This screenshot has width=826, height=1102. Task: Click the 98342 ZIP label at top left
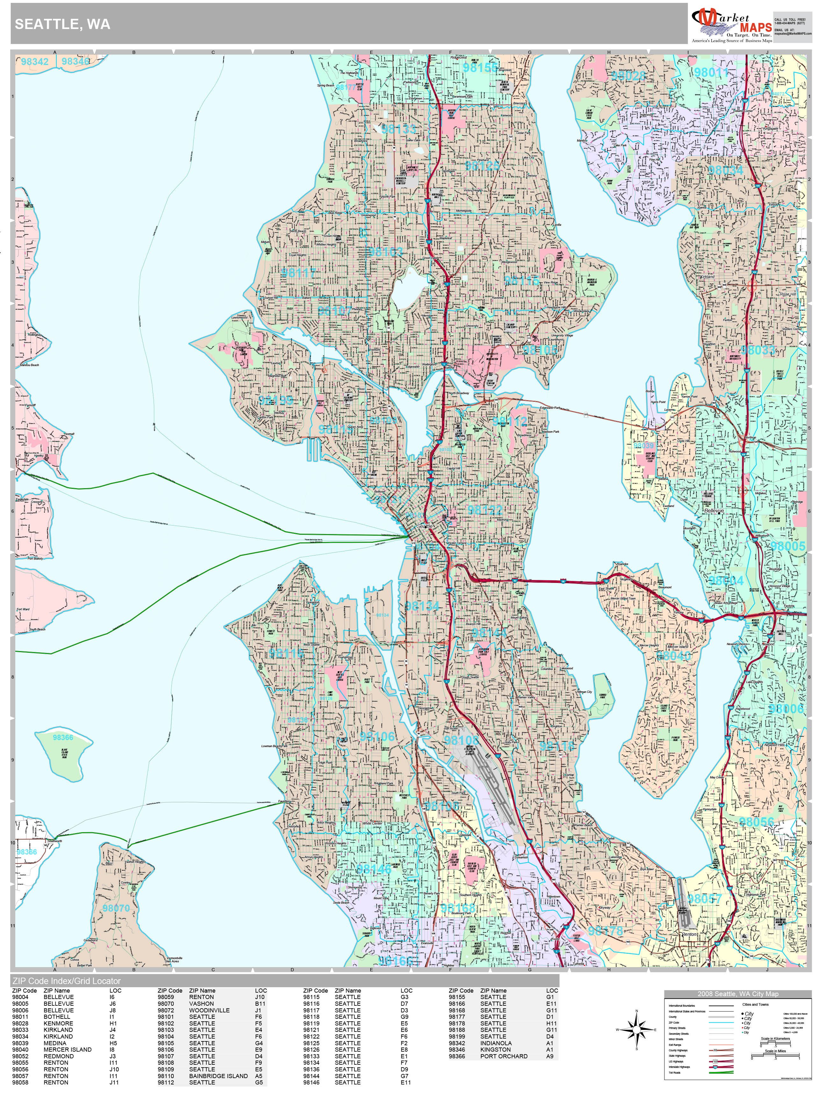35,61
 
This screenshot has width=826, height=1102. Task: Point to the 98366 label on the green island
63,737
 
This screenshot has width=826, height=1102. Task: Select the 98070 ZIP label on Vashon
116,908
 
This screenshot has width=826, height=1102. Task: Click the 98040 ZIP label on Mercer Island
674,656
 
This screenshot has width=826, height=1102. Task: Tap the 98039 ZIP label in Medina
643,445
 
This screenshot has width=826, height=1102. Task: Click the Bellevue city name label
714,511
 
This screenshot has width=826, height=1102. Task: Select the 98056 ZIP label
756,822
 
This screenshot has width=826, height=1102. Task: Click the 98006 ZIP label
786,709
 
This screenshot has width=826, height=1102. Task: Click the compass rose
636,1029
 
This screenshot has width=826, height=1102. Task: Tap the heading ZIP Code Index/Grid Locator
66,981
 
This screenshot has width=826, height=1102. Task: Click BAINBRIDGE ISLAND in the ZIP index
218,1076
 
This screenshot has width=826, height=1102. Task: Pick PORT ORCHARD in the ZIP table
504,1056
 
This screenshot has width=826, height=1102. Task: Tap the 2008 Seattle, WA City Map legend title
737,994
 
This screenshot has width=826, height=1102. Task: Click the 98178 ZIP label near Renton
605,931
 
